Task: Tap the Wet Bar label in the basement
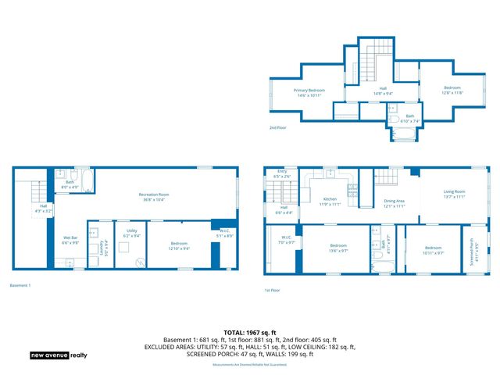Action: [69, 240]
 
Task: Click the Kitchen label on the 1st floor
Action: [330, 202]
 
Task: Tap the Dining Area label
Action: [394, 203]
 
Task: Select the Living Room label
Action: [454, 194]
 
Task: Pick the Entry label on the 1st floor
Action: [282, 175]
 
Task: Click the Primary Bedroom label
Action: [309, 92]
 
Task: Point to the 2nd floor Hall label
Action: [383, 91]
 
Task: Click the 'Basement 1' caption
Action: [20, 285]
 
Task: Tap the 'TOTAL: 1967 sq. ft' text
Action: [249, 333]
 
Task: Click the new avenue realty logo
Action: [59, 355]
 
